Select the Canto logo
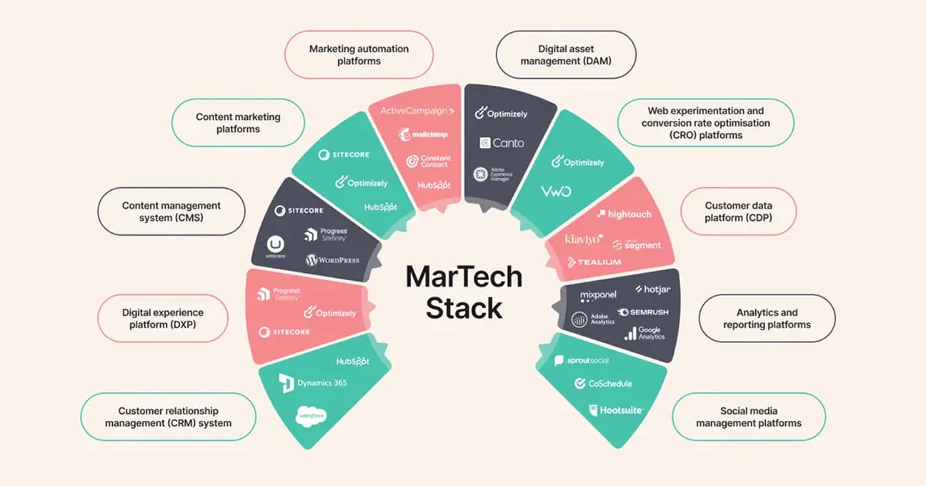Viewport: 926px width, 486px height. (x=502, y=142)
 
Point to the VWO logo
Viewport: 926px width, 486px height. (x=555, y=192)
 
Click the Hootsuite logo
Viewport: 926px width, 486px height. (x=616, y=410)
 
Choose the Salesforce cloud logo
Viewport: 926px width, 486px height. (x=312, y=415)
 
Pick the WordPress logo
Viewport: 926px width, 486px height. (x=332, y=260)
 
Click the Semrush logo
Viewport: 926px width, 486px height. (x=644, y=312)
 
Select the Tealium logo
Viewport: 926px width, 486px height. (x=594, y=262)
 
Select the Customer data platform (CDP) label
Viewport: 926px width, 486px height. (x=738, y=212)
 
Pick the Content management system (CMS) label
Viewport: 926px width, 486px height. (x=171, y=211)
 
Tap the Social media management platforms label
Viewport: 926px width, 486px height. (x=748, y=417)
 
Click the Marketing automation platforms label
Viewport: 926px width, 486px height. (x=359, y=55)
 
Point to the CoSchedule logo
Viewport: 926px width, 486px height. (x=603, y=384)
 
